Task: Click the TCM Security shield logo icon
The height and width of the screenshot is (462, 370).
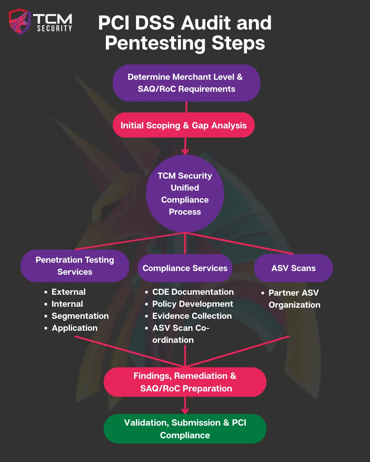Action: pos(19,22)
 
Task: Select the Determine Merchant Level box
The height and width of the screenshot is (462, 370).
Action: pos(186,83)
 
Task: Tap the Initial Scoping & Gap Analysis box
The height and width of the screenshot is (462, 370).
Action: pos(184,125)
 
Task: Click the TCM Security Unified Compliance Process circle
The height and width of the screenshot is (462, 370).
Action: pos(185,193)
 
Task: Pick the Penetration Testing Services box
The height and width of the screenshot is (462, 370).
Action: pos(75,265)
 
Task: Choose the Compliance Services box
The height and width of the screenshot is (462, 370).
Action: pos(185,268)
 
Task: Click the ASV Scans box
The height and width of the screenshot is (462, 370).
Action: pos(293,268)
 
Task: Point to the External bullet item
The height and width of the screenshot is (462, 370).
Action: pos(68,292)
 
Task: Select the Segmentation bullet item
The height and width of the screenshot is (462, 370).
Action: pos(80,316)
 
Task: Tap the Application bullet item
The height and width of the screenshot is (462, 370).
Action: pos(74,328)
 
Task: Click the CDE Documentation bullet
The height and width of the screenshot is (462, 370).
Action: pos(193,292)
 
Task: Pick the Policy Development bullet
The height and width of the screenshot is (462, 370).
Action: pos(192,304)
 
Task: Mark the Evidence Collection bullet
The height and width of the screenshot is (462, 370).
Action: pos(192,316)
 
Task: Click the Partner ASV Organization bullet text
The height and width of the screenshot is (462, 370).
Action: pos(294,298)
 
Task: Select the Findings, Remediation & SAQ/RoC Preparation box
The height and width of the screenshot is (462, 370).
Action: pos(185,382)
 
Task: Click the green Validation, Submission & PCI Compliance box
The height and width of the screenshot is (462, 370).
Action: pos(185,429)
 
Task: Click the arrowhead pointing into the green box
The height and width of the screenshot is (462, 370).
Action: pos(185,411)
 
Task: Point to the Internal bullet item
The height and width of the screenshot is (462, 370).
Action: pos(67,304)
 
